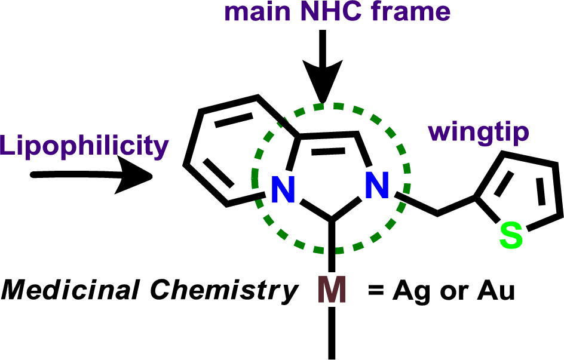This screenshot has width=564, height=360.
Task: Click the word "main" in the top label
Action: click(253, 12)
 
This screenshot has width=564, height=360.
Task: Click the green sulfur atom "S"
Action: click(511, 236)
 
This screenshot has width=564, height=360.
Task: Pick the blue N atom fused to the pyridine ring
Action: click(283, 190)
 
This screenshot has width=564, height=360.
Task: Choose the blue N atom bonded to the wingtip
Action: click(378, 187)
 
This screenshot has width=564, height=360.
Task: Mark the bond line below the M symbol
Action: click(331, 334)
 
